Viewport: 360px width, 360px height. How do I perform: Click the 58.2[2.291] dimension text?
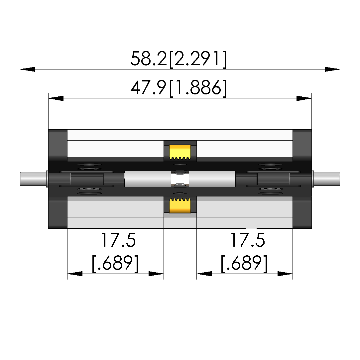tap(179, 59)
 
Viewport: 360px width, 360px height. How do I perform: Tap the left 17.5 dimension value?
tap(118, 240)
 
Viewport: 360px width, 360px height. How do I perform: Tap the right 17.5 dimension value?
tap(248, 240)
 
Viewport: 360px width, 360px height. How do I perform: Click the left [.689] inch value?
tap(115, 263)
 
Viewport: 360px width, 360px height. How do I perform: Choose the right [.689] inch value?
tap(244, 263)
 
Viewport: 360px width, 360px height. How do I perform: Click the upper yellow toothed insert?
tap(180, 152)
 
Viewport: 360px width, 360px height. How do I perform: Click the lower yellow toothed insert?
tap(180, 205)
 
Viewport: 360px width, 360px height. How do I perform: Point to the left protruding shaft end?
tap(33, 179)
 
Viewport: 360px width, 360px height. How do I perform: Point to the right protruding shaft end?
tap(326, 179)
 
